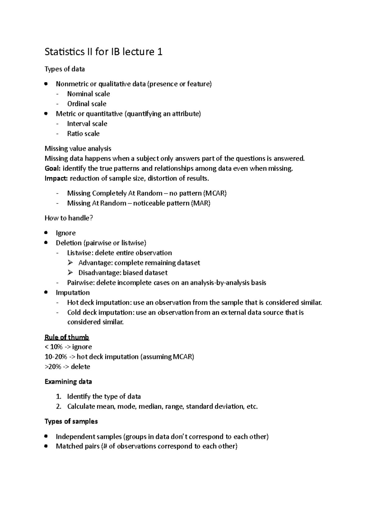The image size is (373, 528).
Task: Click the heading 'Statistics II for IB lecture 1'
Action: pos(104,52)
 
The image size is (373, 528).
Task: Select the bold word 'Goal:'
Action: pos(53,169)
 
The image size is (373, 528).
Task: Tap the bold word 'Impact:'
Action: pos(56,178)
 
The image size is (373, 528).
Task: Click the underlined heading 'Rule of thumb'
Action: pos(67,337)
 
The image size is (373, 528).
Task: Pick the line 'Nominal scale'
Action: pos(89,94)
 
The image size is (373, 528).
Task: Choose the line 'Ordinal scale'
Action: pos(87,104)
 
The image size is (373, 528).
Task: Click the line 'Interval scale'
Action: pos(87,124)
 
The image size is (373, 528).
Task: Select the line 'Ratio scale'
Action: pos(83,134)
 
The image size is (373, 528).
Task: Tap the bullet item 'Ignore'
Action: pos(66,233)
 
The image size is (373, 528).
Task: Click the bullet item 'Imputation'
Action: pos(73,293)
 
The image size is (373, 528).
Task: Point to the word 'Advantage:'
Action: pos(95,263)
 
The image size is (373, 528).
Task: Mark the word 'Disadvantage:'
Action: pos(99,273)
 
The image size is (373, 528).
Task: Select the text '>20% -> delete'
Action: pos(67,367)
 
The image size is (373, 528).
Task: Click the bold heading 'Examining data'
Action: pos(68,382)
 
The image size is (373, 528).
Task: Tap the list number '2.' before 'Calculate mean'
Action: pos(59,406)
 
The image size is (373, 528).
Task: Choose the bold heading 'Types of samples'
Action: pos(71,421)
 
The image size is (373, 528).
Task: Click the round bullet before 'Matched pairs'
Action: pos(46,446)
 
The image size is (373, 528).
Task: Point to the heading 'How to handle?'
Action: pos(69,218)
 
